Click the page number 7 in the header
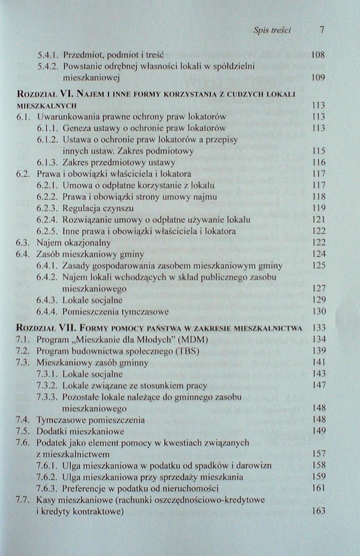pos(322,30)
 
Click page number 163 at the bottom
pos(318,511)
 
